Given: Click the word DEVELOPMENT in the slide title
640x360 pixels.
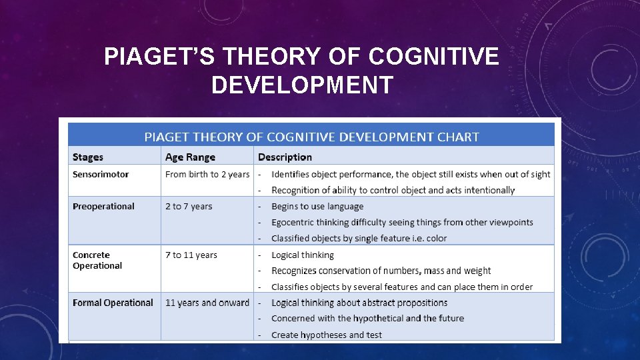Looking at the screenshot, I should click(x=301, y=85).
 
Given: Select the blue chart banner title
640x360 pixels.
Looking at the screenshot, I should click(x=312, y=137).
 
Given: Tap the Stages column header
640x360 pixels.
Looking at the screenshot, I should click(x=88, y=157).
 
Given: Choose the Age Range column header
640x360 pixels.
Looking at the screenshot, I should click(x=190, y=157).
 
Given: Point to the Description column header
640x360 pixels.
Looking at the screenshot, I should click(x=285, y=157).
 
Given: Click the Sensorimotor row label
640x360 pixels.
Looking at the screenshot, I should click(x=101, y=174).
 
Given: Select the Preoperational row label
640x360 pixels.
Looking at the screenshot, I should click(x=103, y=206).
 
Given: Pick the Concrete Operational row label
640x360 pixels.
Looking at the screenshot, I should click(x=97, y=260).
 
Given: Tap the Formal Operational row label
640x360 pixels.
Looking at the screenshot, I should click(x=113, y=303).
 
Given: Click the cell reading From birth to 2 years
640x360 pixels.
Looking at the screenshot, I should click(x=207, y=174).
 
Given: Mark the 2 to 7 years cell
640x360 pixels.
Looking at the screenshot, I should click(x=189, y=206).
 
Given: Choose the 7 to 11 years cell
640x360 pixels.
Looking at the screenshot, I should click(x=191, y=255).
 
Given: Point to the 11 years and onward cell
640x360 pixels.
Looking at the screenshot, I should click(x=207, y=303).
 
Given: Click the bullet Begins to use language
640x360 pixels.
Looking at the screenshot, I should click(x=317, y=206).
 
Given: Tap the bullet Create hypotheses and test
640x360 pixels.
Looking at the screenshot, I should click(x=327, y=335).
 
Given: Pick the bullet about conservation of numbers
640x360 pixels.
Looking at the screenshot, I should click(x=381, y=271).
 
